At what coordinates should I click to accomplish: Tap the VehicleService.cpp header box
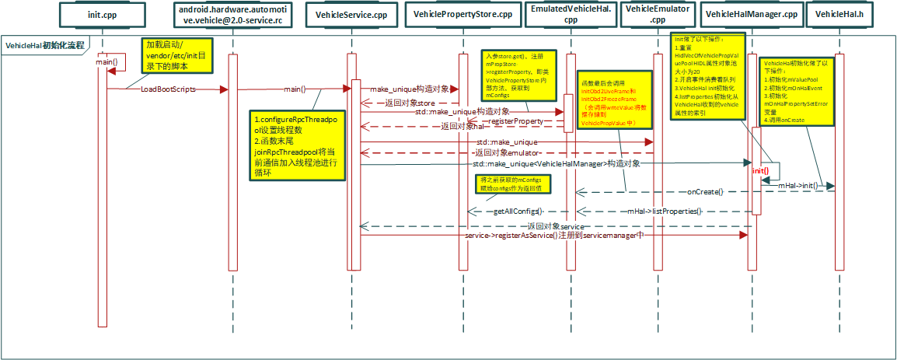point(351,15)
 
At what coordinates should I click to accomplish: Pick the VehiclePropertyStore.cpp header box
point(462,15)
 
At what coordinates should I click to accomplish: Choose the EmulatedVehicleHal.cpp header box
point(570,15)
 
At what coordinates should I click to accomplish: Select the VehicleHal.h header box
point(839,15)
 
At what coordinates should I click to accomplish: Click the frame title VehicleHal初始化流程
point(45,46)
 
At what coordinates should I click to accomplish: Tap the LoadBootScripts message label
point(168,89)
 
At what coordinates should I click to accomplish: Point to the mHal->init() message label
point(798,187)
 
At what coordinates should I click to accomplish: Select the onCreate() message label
point(705,192)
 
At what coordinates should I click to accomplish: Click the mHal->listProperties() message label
point(665,211)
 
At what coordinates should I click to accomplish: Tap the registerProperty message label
point(515,121)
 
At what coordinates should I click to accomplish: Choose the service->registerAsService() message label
point(553,235)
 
